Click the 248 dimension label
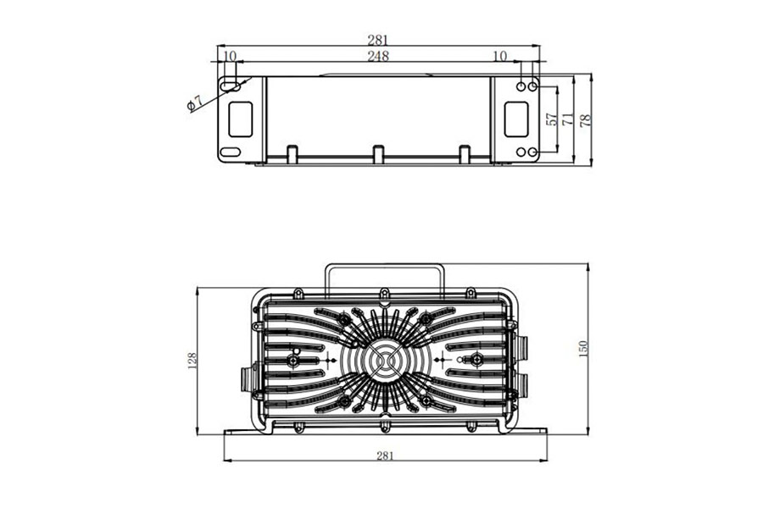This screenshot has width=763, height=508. click(378, 57)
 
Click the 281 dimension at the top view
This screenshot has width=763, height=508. click(378, 39)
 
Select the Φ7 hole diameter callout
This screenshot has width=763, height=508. click(194, 102)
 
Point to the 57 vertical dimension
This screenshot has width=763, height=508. click(552, 119)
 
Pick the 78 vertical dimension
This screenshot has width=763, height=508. click(586, 119)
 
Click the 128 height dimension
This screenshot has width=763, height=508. click(192, 360)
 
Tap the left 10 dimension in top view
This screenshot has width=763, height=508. click(229, 57)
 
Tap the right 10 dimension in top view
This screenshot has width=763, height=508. click(499, 57)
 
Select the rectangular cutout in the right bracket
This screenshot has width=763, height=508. click(515, 119)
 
